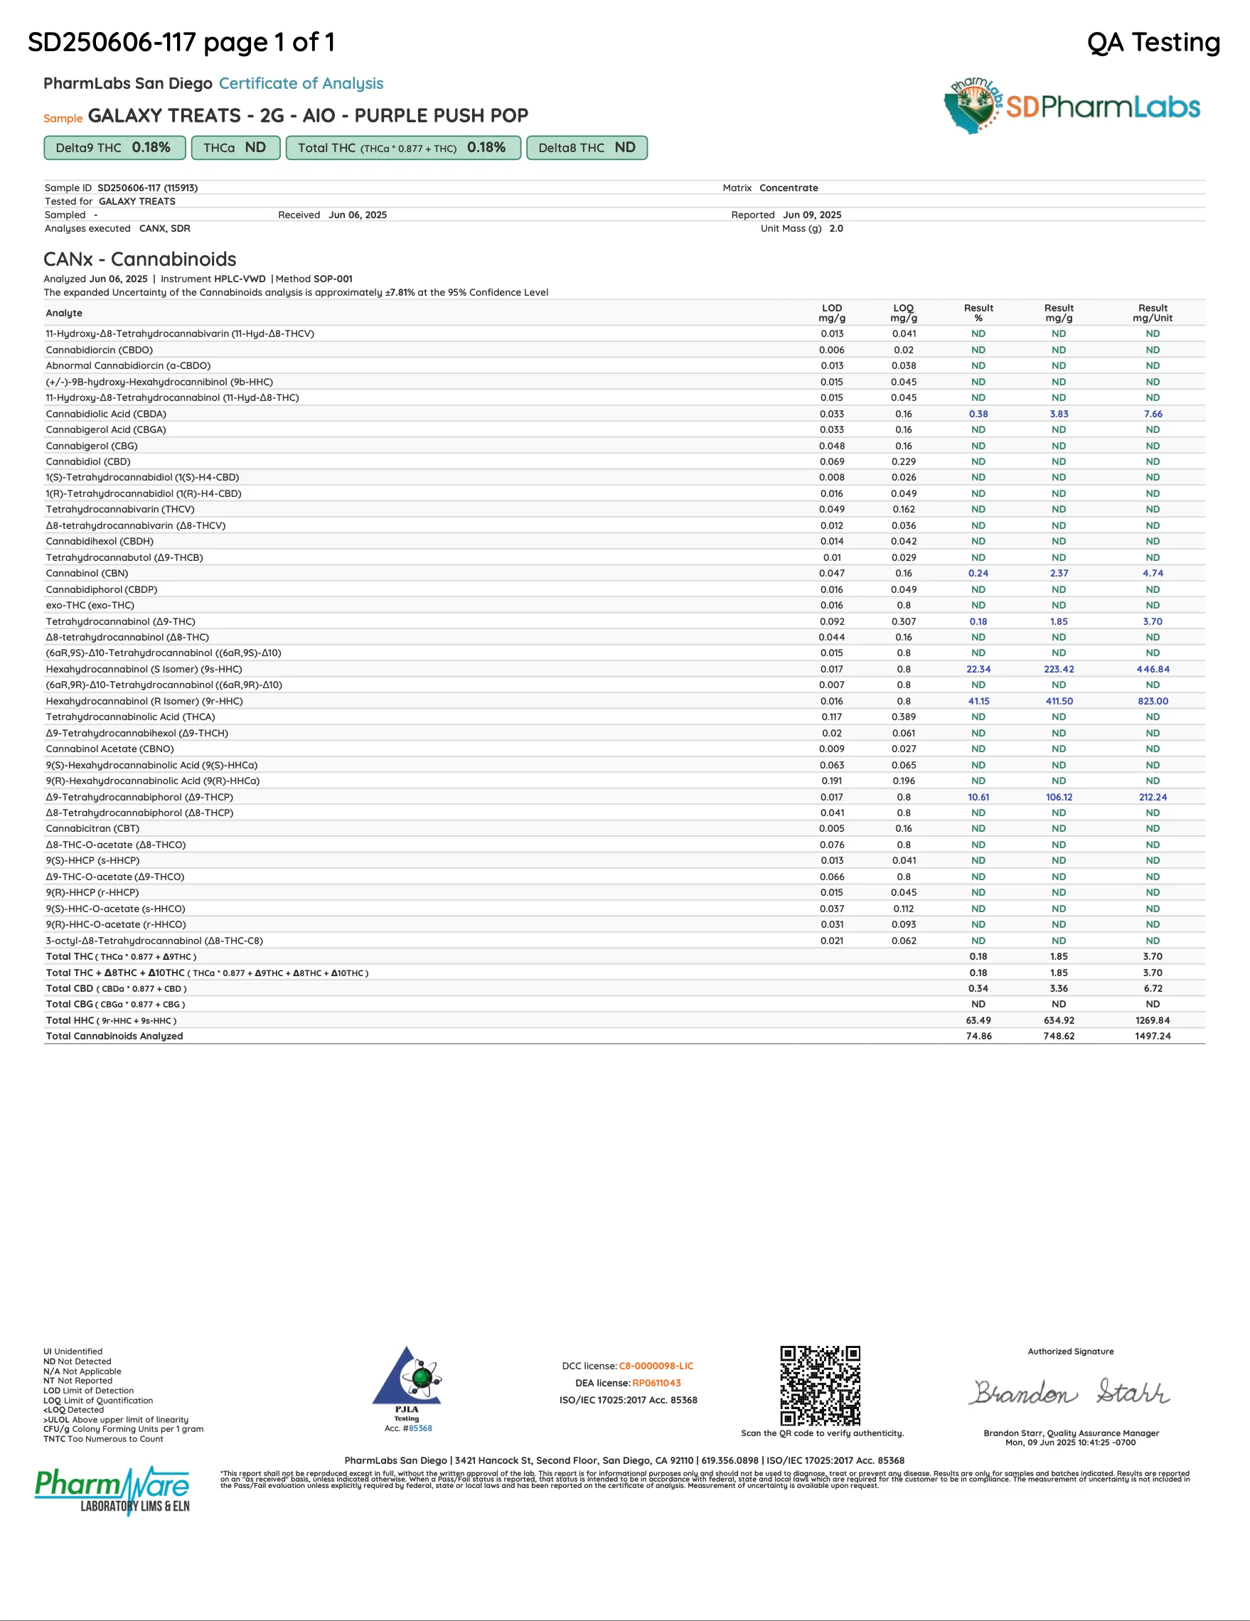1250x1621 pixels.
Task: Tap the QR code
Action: point(820,1385)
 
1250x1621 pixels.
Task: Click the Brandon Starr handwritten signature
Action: point(1069,1392)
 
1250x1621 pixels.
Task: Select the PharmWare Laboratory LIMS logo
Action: point(112,1489)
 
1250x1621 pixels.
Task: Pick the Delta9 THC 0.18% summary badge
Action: point(114,148)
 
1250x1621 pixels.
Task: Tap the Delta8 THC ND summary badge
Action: point(587,148)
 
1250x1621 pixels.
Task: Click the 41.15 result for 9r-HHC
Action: point(978,702)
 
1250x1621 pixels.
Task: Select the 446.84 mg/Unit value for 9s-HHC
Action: point(1152,670)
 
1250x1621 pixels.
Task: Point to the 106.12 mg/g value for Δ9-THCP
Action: point(1059,797)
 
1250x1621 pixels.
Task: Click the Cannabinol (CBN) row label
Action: point(87,574)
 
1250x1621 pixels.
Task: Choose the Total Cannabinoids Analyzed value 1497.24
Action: point(1152,1036)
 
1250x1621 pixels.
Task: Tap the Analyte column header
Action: point(64,314)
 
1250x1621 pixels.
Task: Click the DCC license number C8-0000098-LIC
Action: point(656,1366)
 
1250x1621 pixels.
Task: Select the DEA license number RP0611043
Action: point(656,1383)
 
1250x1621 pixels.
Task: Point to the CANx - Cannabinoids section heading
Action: point(139,259)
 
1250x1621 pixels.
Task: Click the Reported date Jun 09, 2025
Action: point(812,215)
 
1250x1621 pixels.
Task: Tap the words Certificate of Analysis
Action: point(301,84)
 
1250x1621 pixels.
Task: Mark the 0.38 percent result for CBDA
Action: point(978,414)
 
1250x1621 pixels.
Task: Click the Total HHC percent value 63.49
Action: point(978,1020)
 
